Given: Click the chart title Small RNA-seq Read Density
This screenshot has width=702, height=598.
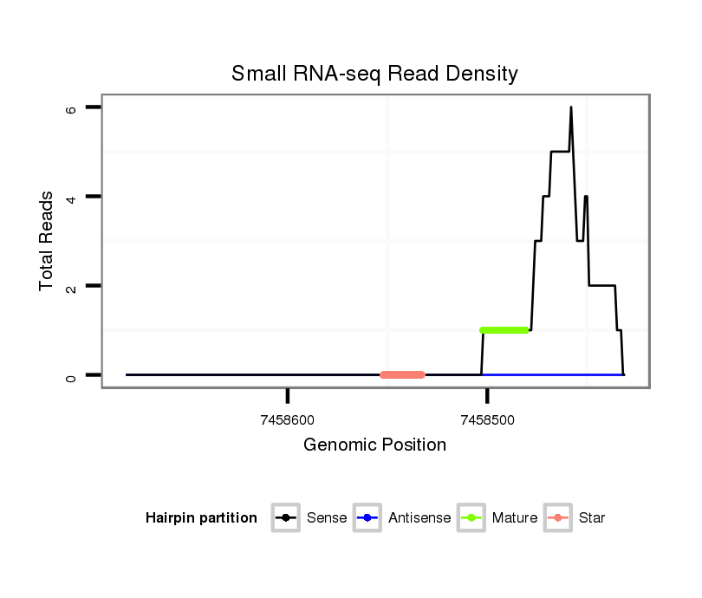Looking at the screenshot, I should (374, 74).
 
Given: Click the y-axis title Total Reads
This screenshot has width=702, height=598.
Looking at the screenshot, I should (48, 241).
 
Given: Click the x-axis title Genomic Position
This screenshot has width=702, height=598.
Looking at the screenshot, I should (374, 445).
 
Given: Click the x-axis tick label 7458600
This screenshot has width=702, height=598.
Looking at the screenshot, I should (287, 420).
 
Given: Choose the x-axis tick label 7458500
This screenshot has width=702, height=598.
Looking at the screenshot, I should (487, 420).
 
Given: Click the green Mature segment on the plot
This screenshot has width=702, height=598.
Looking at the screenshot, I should (504, 330).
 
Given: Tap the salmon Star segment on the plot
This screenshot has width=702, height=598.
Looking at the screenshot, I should (402, 375).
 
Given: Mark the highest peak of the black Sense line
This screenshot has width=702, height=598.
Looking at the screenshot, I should (571, 108).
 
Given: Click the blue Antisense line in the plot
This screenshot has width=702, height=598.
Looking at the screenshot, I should (555, 374).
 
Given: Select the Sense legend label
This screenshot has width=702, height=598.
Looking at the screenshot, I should (327, 518).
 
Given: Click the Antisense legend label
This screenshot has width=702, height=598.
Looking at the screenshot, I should (419, 518).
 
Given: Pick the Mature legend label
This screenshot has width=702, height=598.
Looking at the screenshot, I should (515, 518).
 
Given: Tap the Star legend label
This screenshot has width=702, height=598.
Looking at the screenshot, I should (592, 518).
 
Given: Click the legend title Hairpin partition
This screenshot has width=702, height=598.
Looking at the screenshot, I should (202, 518).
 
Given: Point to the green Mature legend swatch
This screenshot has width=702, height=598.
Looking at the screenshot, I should (471, 518).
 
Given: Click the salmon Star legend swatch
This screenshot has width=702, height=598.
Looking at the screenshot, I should (558, 518).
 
